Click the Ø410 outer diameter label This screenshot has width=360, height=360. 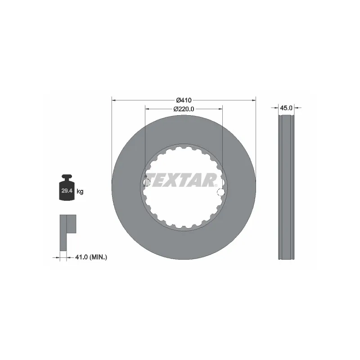pyautogui.click(x=184, y=99)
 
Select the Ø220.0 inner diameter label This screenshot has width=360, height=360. pyautogui.click(x=184, y=109)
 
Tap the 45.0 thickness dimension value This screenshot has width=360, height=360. pyautogui.click(x=286, y=108)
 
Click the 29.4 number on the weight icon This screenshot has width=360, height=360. pyautogui.click(x=67, y=191)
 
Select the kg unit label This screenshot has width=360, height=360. pyautogui.click(x=80, y=192)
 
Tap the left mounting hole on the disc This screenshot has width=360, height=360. pyautogui.click(x=146, y=182)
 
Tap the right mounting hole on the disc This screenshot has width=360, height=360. pyautogui.click(x=220, y=193)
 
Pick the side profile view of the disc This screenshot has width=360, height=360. pyautogui.click(x=286, y=187)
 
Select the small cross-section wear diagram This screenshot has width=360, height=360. pyautogui.click(x=67, y=232)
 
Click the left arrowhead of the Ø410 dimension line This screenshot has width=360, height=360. pyautogui.click(x=114, y=99)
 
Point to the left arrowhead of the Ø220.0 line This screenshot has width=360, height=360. pyautogui.click(x=147, y=109)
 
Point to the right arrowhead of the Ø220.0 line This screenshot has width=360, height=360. pyautogui.click(x=220, y=109)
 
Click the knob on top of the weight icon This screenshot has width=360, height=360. pyautogui.click(x=67, y=176)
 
